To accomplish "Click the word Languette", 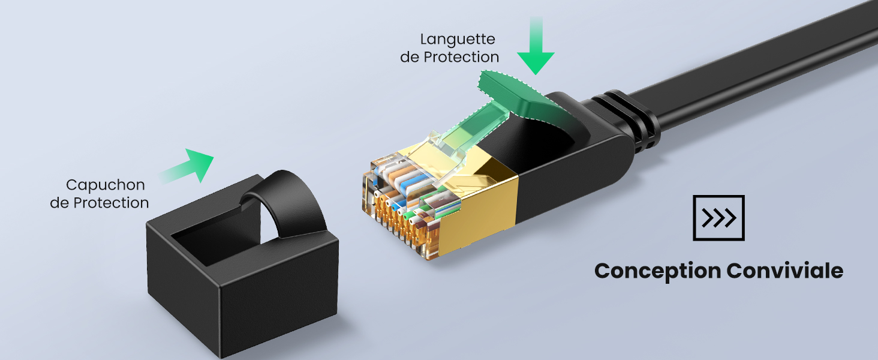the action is tap(458, 40).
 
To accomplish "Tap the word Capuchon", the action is tap(106, 185).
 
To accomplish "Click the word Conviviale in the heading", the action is tap(784, 271).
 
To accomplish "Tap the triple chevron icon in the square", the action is tap(718, 218).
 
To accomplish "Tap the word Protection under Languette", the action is tap(461, 57).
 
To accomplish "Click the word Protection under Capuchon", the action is tap(112, 203).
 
